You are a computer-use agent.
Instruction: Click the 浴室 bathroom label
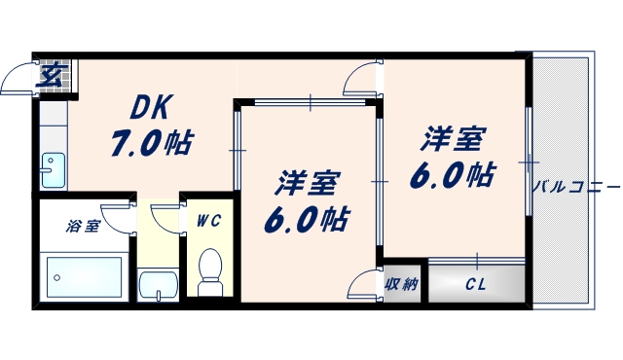(83, 226)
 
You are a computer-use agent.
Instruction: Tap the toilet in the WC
(209, 273)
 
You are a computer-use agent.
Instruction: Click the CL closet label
(476, 285)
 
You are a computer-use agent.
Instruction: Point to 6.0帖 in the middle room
(305, 217)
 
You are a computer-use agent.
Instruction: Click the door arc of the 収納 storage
(364, 283)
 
